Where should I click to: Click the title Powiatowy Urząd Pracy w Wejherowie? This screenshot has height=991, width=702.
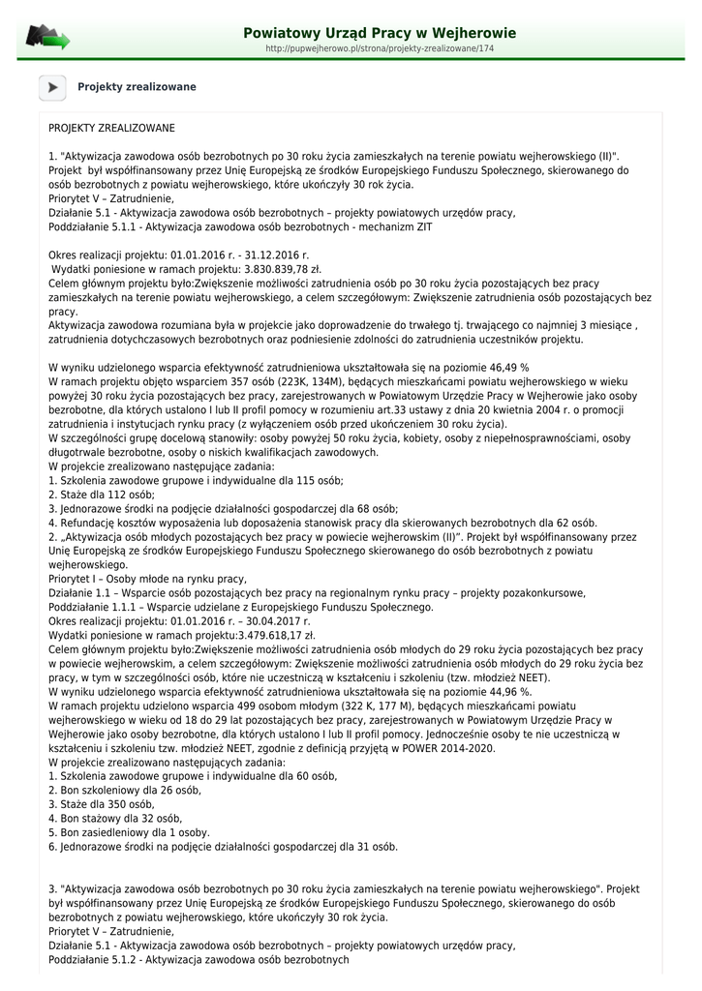380,33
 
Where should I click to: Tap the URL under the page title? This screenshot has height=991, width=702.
380,48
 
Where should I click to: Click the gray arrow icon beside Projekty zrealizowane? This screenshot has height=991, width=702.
52,87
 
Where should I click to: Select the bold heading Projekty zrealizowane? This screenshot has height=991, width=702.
137,87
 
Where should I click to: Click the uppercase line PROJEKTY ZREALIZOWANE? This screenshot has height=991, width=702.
111,128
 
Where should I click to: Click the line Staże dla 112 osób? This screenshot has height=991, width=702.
95,494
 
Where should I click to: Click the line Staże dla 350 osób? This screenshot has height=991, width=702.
102,804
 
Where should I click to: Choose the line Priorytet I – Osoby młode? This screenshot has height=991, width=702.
148,579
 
